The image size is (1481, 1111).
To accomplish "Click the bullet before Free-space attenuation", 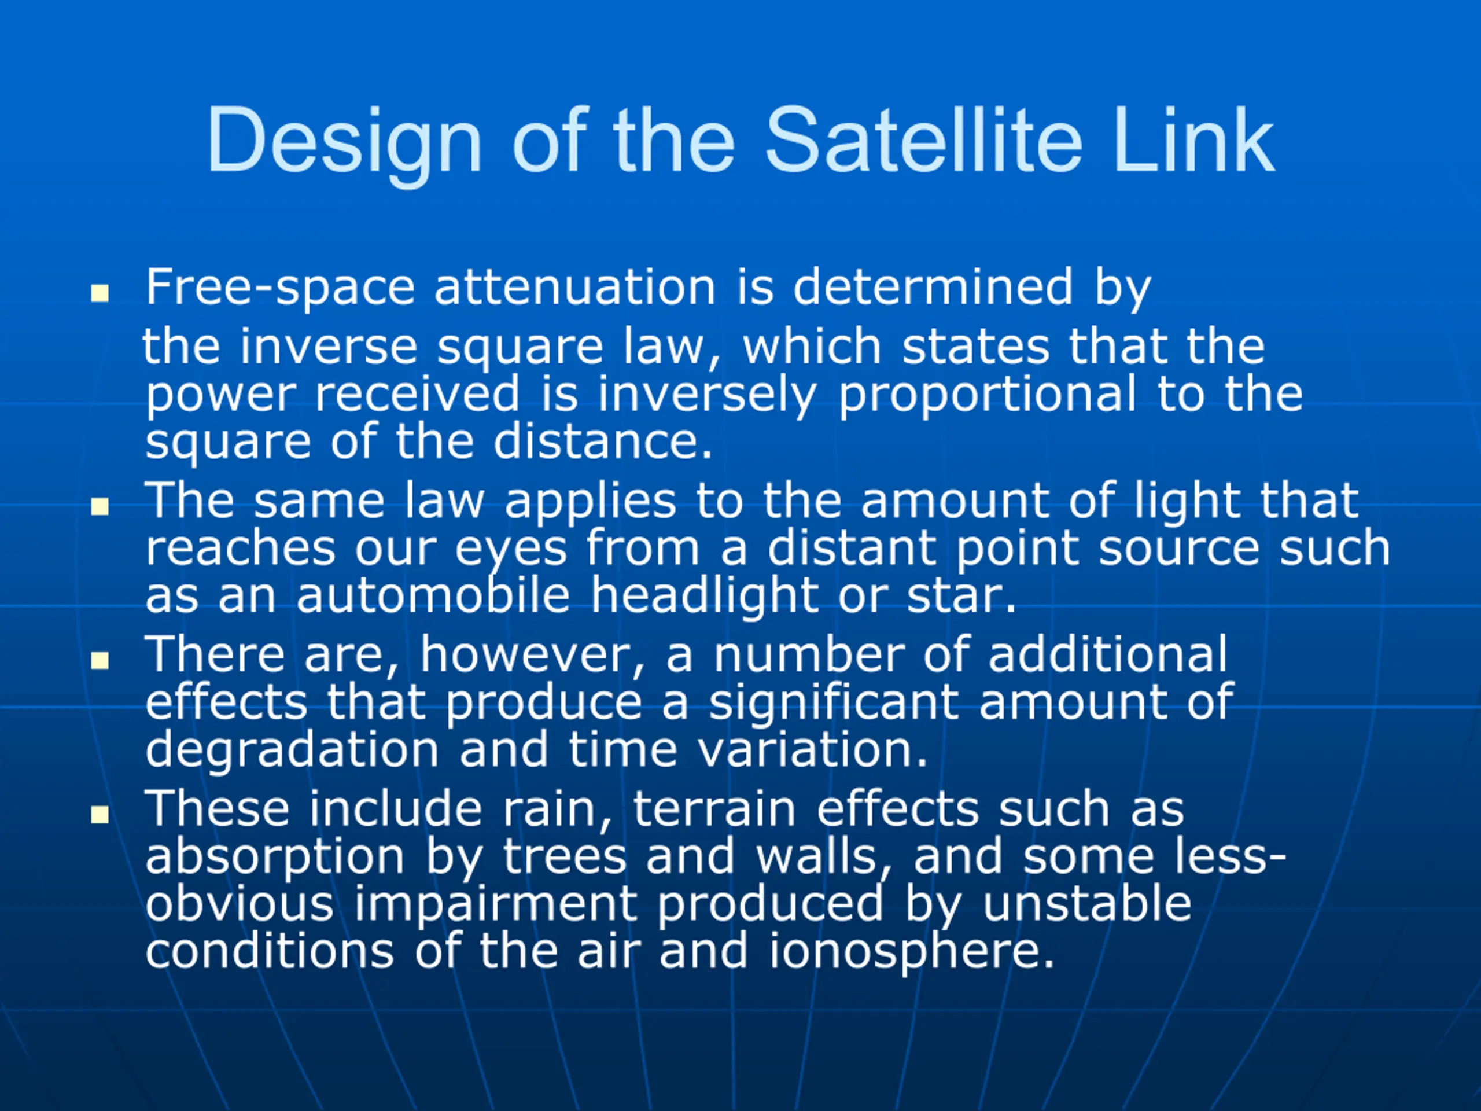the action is [x=100, y=293].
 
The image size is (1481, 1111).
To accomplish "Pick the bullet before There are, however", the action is [x=100, y=660].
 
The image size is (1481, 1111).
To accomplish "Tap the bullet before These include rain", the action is [x=100, y=814].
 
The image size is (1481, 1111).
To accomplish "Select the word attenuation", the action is [x=575, y=286].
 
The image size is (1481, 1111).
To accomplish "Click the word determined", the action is [x=933, y=286].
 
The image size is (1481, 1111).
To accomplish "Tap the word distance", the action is [x=603, y=442].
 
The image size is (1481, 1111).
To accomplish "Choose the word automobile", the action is [x=433, y=595].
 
